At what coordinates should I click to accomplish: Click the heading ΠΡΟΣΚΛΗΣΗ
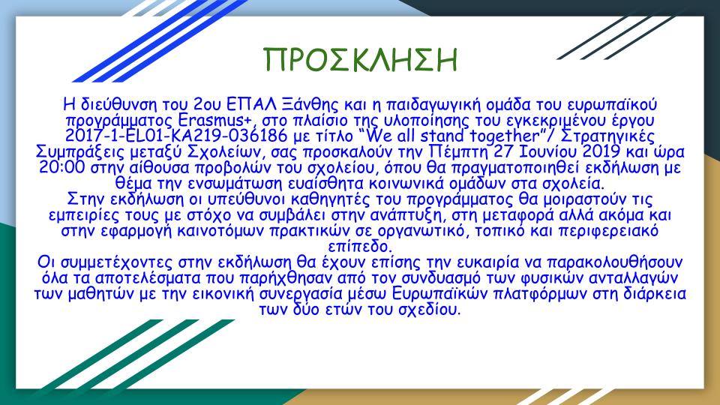coord(360,61)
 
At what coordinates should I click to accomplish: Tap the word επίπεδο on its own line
coord(359,247)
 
